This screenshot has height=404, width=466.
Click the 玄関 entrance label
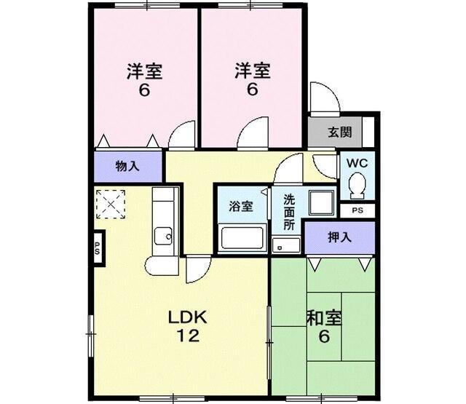coord(339,132)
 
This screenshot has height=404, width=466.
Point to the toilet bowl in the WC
coord(357,186)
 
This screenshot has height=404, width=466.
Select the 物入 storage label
coord(127,166)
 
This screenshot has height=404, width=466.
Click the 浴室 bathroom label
coord(241,206)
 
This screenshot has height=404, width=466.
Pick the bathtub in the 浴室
coord(240,238)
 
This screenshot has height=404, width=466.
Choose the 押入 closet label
coord(339,237)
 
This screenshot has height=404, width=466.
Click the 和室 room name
coord(324,318)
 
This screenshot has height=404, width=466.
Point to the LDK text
coord(189,317)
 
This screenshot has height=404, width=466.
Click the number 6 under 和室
coord(324,337)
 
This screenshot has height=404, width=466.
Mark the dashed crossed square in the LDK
coord(111,203)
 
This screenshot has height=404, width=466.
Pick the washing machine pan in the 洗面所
coord(320,203)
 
